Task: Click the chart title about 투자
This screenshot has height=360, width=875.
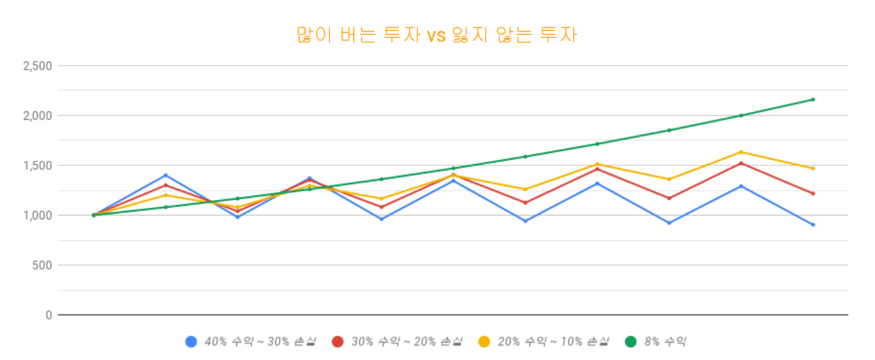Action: pos(437,35)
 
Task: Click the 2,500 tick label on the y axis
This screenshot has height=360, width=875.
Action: pos(37,66)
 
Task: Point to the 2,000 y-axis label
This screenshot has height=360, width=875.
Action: pos(37,116)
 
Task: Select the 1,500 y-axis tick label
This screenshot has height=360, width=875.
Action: pos(37,165)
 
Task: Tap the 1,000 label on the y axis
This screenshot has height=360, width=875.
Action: pos(37,215)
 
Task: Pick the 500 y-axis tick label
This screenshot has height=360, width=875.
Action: pos(43,266)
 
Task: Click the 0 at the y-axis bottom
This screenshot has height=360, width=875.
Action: pos(49,315)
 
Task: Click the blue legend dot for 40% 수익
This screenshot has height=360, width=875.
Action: pos(191,341)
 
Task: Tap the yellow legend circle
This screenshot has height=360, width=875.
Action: pos(484,341)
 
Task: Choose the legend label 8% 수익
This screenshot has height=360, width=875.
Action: pos(665,341)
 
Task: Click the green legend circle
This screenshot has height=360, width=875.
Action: pos(630,341)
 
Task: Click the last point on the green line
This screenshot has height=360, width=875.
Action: pos(812,100)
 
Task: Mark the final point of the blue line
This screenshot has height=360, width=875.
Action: pos(812,225)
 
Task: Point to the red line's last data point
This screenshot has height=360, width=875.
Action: pos(812,193)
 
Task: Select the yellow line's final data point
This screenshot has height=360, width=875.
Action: pos(812,169)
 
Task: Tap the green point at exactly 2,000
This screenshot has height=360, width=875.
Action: pos(741,116)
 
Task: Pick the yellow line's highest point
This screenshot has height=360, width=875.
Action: pos(741,152)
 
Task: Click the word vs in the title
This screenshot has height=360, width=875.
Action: pos(436,35)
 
